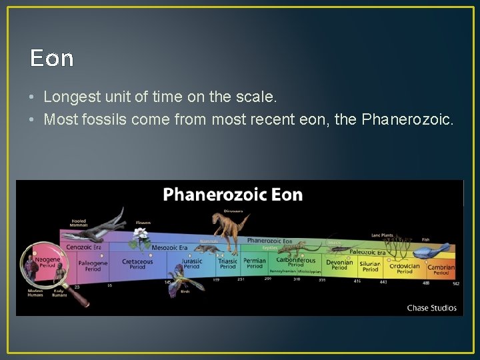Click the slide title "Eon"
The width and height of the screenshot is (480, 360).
[51, 59]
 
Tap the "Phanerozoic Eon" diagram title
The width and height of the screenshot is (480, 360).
[233, 195]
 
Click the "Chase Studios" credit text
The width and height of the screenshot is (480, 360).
[432, 308]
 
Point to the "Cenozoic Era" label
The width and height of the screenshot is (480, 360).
[84, 247]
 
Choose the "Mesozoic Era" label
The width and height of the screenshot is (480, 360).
[169, 247]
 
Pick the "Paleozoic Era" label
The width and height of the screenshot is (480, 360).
[367, 252]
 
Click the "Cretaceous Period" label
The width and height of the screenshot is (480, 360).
[137, 265]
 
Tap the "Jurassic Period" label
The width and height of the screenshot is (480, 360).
[191, 264]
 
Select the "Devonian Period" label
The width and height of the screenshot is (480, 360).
[339, 265]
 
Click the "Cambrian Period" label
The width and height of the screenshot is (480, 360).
[441, 269]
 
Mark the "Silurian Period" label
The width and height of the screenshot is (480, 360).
[370, 267]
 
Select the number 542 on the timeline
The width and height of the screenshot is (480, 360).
[456, 283]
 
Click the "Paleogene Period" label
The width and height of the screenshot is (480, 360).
[93, 266]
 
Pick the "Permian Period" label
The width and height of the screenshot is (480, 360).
[255, 264]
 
